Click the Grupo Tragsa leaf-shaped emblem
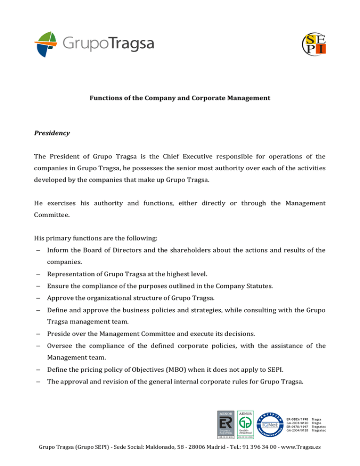(46, 44)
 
